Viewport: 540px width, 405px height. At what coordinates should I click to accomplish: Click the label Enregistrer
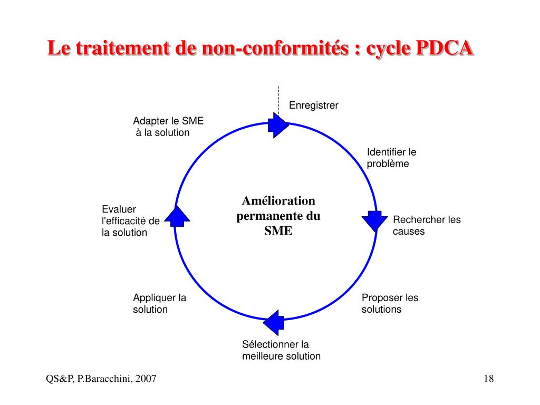(x=313, y=105)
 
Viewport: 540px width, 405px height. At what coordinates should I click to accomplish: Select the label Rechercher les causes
(x=427, y=225)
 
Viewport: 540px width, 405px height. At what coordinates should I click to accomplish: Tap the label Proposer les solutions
(x=390, y=303)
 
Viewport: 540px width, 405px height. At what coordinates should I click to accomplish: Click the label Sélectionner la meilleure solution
(x=281, y=350)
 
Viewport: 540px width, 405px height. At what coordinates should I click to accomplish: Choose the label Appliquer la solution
(x=159, y=303)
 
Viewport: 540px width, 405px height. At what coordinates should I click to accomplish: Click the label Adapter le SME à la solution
(x=168, y=127)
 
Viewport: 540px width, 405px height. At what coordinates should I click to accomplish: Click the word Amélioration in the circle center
(x=278, y=201)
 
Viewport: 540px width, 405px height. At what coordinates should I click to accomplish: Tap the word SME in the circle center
(x=278, y=231)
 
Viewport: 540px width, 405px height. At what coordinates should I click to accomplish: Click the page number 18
(x=488, y=379)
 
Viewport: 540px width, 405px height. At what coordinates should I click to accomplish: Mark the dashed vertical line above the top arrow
(x=278, y=99)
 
